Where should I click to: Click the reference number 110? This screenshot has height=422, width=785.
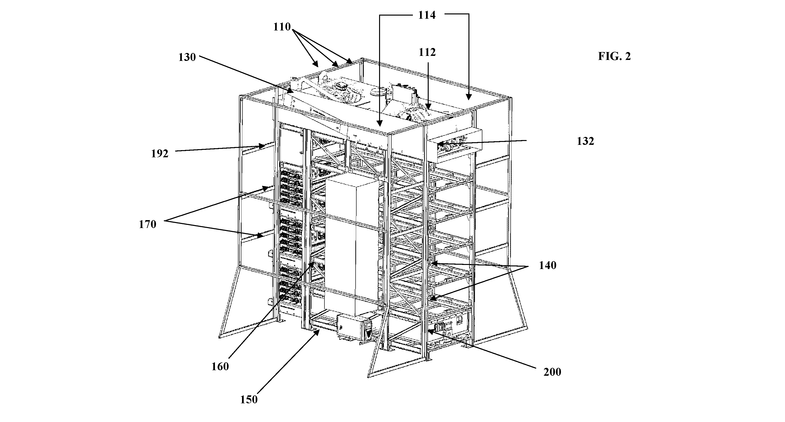click(x=282, y=27)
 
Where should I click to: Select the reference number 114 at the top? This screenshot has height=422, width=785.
click(x=427, y=15)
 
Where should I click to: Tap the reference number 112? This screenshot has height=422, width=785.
click(x=427, y=53)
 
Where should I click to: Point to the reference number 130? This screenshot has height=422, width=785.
click(x=187, y=57)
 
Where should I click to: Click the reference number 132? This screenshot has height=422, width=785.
click(x=585, y=141)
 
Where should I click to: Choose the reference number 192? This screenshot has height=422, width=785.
click(x=160, y=154)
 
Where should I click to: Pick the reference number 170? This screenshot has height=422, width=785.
click(x=148, y=224)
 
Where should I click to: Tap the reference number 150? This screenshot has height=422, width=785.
click(x=249, y=400)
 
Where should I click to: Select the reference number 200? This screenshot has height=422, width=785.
click(x=552, y=372)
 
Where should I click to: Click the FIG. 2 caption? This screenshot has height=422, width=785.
click(x=614, y=56)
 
